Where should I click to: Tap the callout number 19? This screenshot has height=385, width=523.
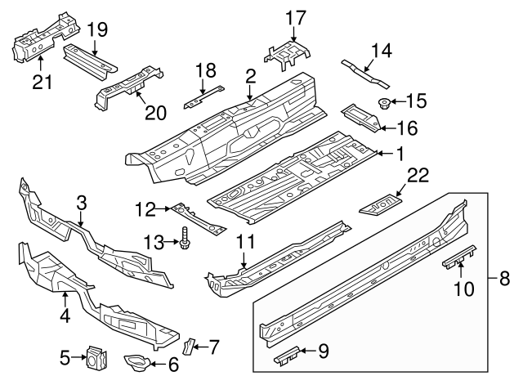point(97,30)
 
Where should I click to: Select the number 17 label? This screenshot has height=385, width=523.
point(295,17)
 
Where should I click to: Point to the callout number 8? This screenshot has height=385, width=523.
point(503,279)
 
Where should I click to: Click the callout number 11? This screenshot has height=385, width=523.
point(245,241)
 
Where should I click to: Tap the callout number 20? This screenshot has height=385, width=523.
point(155,113)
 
